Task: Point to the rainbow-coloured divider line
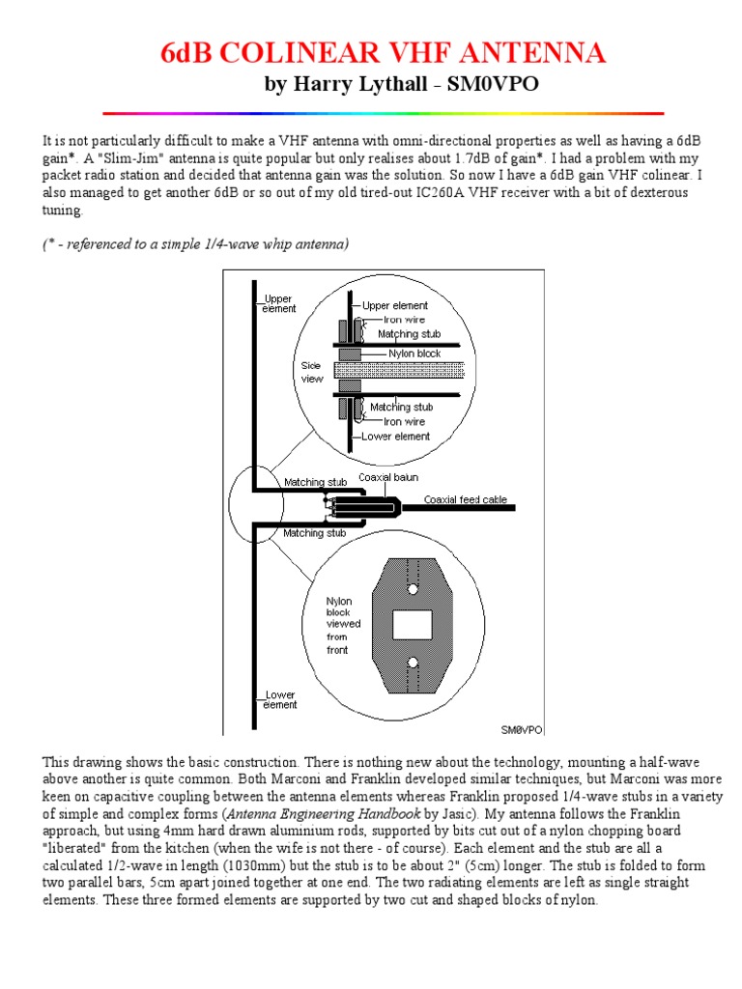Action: (383, 114)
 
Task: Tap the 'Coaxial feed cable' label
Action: (468, 499)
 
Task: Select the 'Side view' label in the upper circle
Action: (312, 373)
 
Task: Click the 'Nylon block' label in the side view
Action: (414, 353)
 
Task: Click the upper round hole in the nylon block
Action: (413, 588)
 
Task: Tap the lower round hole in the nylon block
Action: (413, 663)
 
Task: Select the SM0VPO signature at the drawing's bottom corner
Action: (521, 729)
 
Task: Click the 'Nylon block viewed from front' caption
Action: (343, 625)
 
